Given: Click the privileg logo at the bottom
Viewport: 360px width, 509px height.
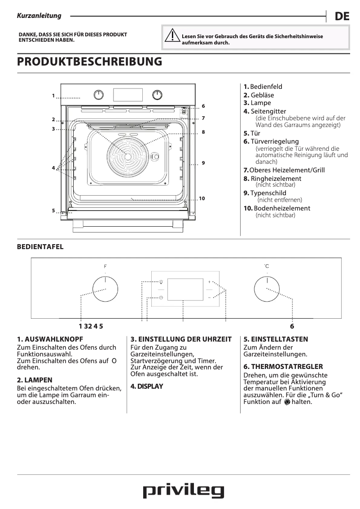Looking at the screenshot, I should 183,491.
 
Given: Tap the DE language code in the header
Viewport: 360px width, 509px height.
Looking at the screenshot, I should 342,17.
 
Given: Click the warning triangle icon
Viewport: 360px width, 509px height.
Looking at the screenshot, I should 172,36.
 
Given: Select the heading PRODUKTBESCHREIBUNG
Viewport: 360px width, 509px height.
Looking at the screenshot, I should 89,61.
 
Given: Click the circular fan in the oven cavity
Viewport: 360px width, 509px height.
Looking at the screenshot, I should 128,156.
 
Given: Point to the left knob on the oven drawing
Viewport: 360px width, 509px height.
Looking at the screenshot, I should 99,95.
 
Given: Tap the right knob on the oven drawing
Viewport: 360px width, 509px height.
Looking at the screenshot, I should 157,95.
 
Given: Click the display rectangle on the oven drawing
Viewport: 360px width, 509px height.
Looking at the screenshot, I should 128,95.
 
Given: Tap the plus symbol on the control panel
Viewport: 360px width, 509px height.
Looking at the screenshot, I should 209,282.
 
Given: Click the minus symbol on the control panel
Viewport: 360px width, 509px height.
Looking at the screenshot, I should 209,298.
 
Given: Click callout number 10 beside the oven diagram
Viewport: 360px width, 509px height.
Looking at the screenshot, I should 202,198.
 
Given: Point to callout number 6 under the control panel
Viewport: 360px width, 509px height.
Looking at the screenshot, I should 292,326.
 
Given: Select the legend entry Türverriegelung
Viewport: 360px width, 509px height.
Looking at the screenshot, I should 271,141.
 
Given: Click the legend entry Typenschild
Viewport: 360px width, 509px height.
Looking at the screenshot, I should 268,193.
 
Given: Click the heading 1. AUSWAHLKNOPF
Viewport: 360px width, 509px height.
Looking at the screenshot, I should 50,339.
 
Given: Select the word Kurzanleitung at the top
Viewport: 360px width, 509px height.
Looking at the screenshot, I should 39,16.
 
